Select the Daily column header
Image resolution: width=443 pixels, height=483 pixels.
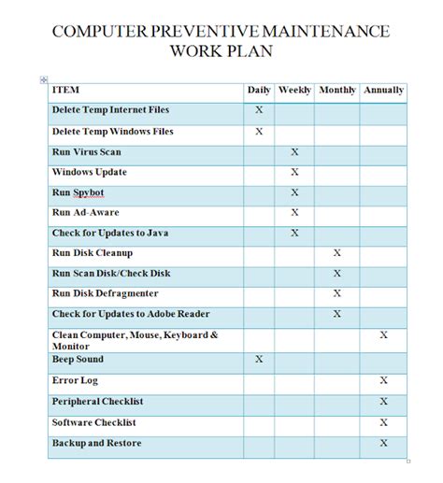coord(259,91)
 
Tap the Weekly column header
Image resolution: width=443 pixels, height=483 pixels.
coord(294,91)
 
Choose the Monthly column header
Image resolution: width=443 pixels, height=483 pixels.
coord(337,91)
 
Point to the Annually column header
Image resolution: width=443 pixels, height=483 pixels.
coord(383,91)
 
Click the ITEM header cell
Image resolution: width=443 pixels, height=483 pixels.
coord(66,91)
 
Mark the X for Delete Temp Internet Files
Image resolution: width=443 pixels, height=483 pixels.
coord(259,111)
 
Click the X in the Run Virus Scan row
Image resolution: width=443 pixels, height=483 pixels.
coord(294,151)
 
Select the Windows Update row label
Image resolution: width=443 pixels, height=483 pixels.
coord(90,172)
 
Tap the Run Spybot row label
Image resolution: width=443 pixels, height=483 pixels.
coord(78,192)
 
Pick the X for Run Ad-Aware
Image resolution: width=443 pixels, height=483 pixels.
coord(294,213)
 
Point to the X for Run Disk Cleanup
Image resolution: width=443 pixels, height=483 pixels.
coord(337,253)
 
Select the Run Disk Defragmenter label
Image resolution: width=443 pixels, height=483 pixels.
coord(104,293)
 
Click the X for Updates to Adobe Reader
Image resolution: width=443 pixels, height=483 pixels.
coord(337,314)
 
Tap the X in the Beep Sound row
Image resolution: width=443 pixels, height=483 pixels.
coord(259,360)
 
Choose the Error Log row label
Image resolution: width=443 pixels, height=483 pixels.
coord(75,380)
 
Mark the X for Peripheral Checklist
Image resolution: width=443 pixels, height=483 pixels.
coord(383,402)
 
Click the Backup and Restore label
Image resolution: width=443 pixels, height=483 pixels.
coord(97,443)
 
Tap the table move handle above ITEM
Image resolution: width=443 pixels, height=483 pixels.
coord(44,80)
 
